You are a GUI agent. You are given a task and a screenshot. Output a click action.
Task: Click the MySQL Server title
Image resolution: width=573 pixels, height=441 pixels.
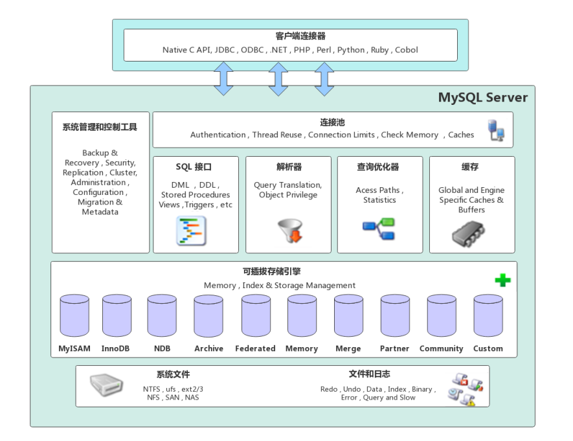click(x=482, y=98)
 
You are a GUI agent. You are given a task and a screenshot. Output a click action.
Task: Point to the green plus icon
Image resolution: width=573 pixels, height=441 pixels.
click(x=502, y=281)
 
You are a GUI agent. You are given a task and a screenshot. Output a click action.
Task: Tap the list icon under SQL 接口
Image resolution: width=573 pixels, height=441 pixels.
click(x=192, y=231)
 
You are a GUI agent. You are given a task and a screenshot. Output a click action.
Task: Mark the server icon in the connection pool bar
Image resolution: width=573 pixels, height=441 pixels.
click(x=496, y=131)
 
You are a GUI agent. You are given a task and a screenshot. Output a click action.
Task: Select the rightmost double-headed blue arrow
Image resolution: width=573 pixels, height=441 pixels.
click(x=324, y=79)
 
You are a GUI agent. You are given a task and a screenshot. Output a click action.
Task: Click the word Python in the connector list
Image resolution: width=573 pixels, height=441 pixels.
click(x=352, y=49)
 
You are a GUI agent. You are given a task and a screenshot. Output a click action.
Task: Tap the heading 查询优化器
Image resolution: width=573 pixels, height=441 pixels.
click(x=380, y=167)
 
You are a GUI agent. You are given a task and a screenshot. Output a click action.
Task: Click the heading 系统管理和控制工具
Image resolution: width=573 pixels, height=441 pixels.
click(x=100, y=127)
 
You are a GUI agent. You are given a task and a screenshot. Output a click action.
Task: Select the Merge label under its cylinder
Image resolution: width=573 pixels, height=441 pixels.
click(x=348, y=348)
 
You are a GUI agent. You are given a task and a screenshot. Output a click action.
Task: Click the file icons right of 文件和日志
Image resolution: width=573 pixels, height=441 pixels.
click(x=467, y=387)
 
